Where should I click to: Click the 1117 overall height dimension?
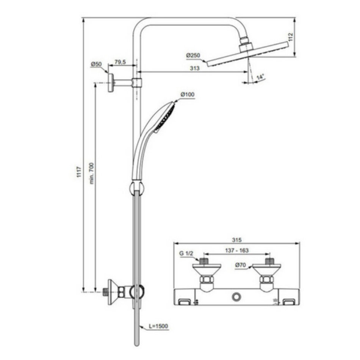pyautogui.click(x=79, y=172)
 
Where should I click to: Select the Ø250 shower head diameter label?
pyautogui.click(x=193, y=55)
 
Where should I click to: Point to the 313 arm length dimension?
pyautogui.click(x=195, y=68)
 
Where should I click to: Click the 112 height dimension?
pyautogui.click(x=291, y=37)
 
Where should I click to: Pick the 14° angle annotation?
pyautogui.click(x=260, y=77)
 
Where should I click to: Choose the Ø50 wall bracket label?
pyautogui.click(x=96, y=64)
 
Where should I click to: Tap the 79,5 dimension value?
pyautogui.click(x=120, y=62)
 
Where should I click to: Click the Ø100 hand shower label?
pyautogui.click(x=187, y=94)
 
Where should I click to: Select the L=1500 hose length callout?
pyautogui.click(x=158, y=326)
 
